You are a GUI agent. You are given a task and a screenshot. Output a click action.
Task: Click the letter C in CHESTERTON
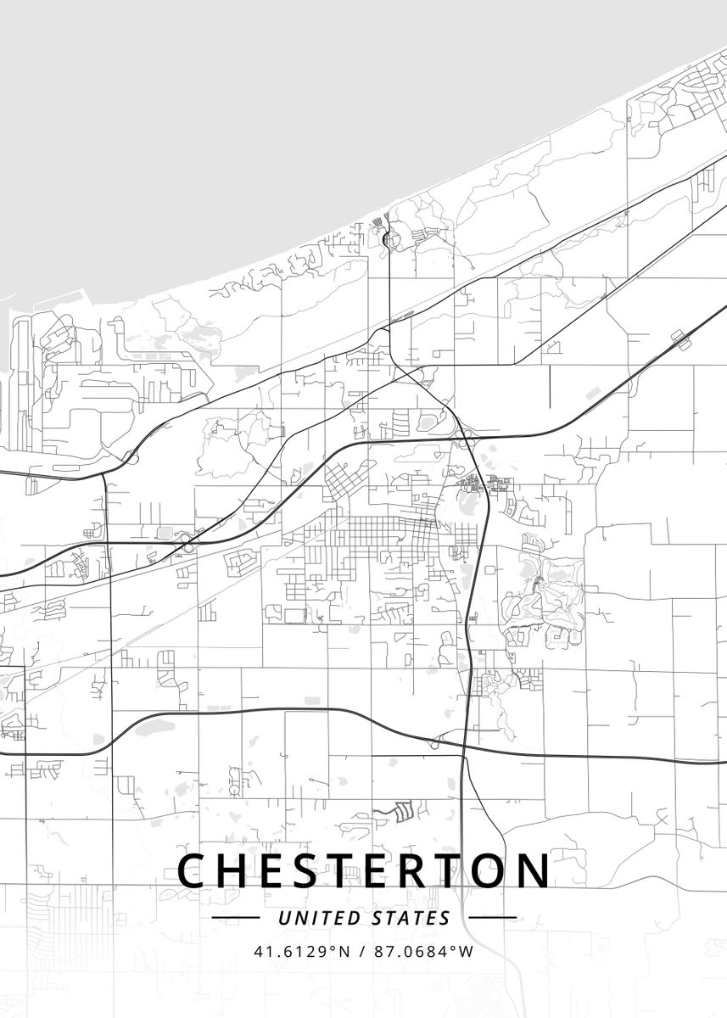[x=193, y=870]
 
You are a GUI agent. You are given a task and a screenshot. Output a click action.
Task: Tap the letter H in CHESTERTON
[x=238, y=870]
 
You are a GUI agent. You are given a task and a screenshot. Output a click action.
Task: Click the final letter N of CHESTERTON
[x=534, y=870]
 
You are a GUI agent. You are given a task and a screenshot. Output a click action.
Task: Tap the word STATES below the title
[x=411, y=918]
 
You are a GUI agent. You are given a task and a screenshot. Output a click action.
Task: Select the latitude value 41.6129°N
[x=302, y=951]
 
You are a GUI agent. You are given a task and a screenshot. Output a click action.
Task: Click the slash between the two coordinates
[x=361, y=951]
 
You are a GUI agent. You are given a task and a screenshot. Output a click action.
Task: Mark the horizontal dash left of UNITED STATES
[x=235, y=918]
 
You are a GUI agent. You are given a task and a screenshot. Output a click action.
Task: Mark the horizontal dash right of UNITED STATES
[x=492, y=918]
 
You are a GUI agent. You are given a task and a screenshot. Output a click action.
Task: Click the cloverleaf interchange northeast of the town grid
[x=464, y=434]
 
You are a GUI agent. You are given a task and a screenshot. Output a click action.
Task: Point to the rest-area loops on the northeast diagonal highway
[x=679, y=338]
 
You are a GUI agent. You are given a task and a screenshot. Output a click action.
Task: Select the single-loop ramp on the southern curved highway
[x=434, y=744]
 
